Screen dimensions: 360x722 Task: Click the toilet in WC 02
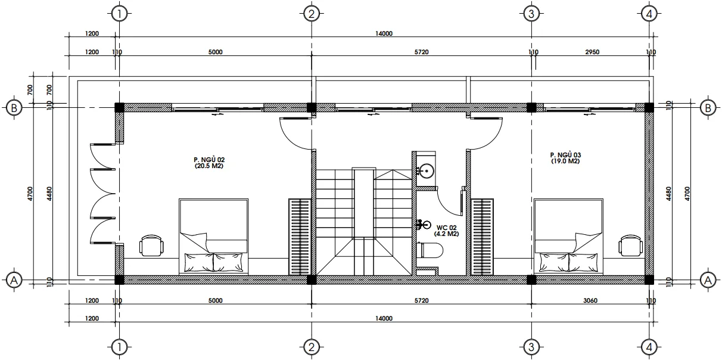pos(430,250)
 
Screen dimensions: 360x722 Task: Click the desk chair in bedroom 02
pos(151,246)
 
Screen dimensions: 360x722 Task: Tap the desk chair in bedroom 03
pos(630,246)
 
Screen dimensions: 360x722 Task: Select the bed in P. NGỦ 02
pos(213,237)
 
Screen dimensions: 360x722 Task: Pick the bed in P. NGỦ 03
pos(568,237)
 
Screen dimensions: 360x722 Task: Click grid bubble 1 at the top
pos(120,14)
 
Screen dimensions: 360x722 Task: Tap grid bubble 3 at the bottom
pos(531,346)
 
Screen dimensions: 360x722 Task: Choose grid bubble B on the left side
pos(13,108)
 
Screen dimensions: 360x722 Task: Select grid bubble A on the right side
pos(708,279)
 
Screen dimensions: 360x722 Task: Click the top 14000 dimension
pos(384,34)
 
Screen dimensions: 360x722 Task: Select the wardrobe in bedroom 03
pos(483,237)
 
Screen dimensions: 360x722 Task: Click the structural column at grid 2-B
pos(311,108)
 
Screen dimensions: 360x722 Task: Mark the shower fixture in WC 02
pos(422,225)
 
